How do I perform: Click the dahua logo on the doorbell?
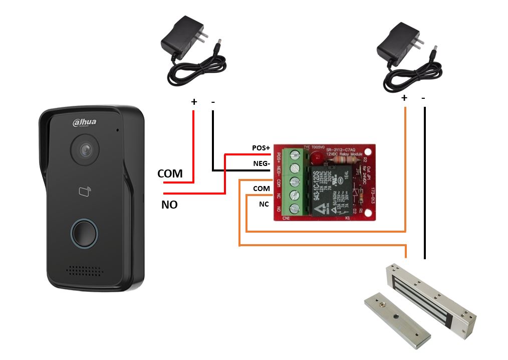click(85, 122)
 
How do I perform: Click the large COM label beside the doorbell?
click(170, 173)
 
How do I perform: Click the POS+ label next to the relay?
click(261, 148)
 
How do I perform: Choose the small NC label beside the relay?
click(264, 204)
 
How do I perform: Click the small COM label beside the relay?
click(262, 188)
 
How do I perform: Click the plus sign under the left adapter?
click(194, 102)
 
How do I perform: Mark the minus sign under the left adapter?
click(213, 102)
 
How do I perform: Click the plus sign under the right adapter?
click(404, 98)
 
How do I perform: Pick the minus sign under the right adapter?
click(423, 98)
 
